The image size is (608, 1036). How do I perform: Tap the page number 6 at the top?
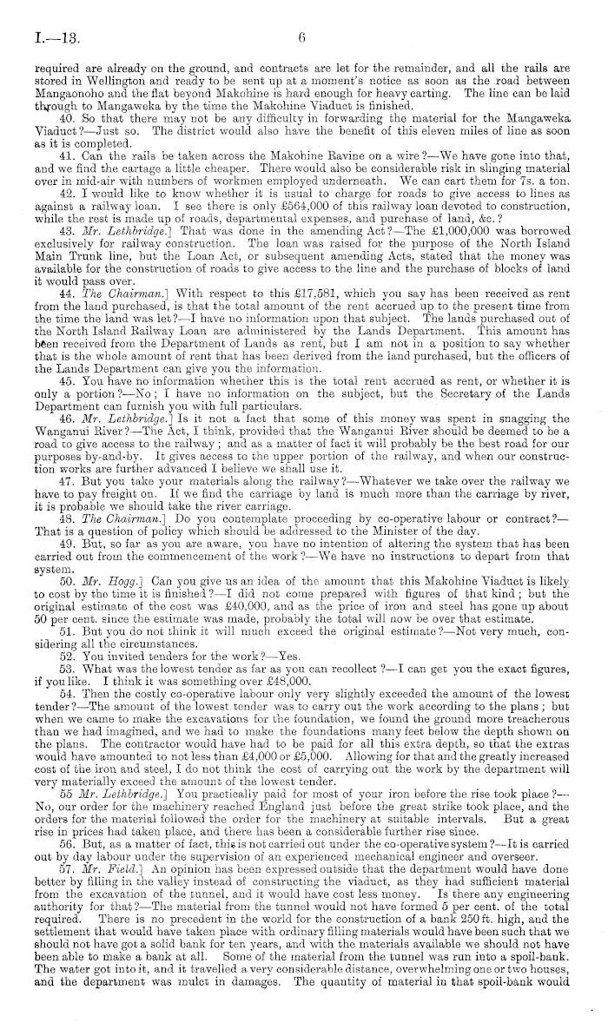(303, 37)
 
